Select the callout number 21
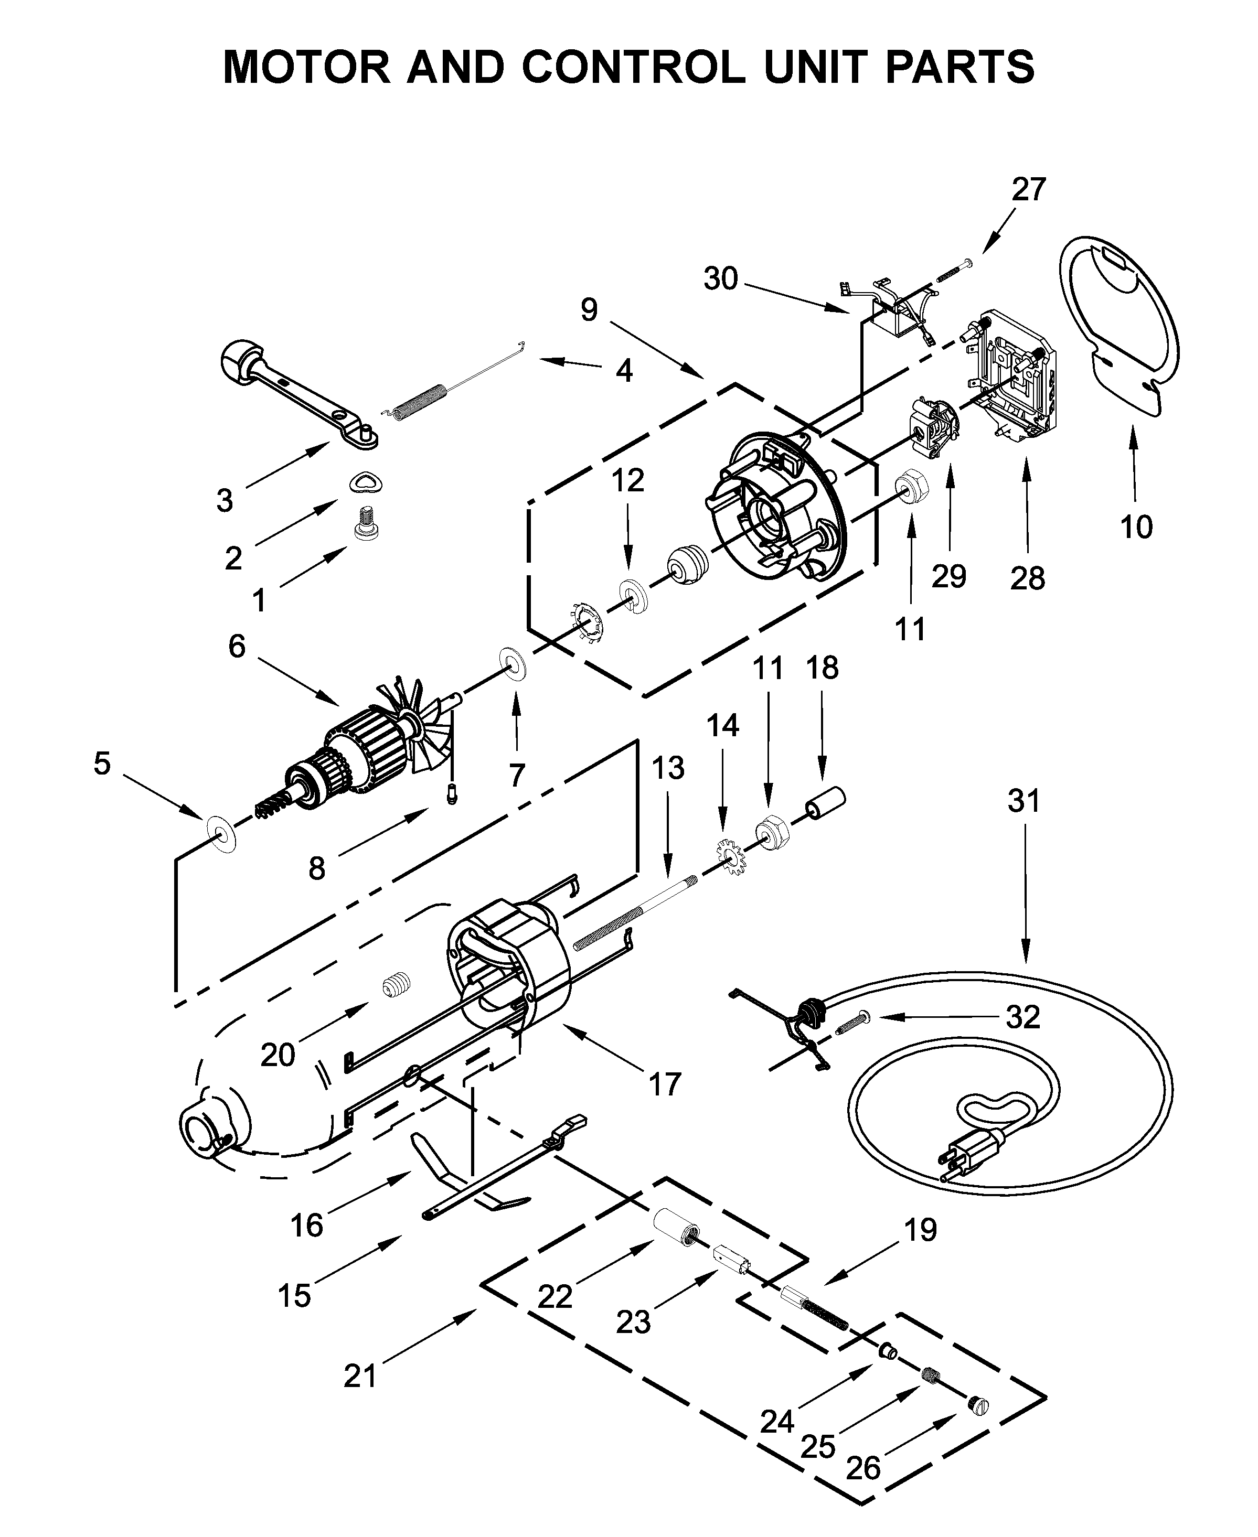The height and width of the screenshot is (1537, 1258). pos(360,1375)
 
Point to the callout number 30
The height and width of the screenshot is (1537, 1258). pos(720,279)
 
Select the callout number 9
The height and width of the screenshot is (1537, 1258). pos(589,310)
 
